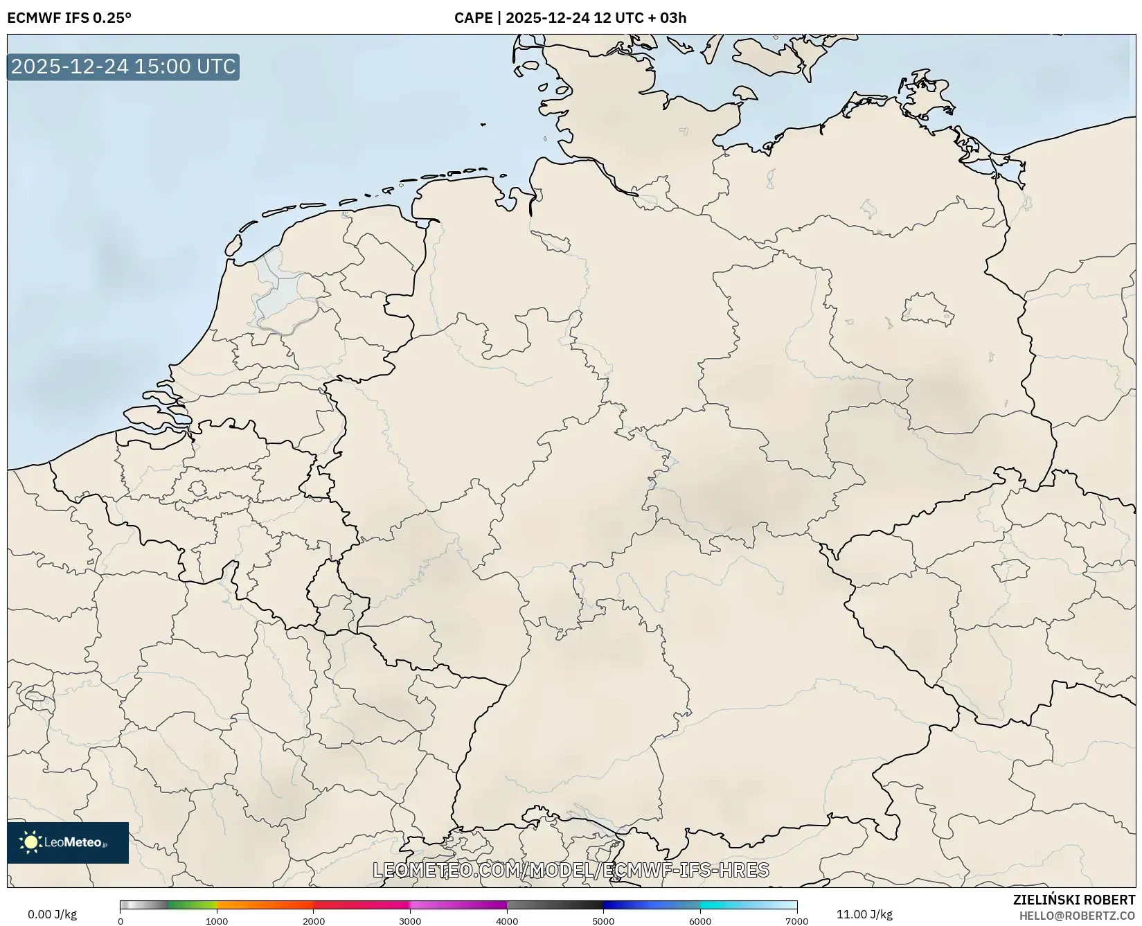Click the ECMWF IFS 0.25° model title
pos(69,17)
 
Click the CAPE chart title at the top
pos(570,17)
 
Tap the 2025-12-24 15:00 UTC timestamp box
pos(123,66)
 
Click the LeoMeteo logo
pos(68,842)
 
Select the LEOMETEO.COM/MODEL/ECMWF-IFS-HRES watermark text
pos(571,870)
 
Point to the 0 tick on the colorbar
pos(121,920)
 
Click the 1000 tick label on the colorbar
pos(217,920)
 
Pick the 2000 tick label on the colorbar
pos(314,920)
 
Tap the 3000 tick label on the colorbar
pos(410,920)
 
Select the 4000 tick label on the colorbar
pos(507,920)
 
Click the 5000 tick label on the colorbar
pos(603,920)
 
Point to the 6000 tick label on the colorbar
pos(700,920)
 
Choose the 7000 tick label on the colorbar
pos(796,920)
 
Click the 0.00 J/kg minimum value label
pos(52,914)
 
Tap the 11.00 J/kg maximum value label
pos(864,914)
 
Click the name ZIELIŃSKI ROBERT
pos(1074,900)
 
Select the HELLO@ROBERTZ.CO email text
pos(1077,916)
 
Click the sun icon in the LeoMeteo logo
pos(30,842)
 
